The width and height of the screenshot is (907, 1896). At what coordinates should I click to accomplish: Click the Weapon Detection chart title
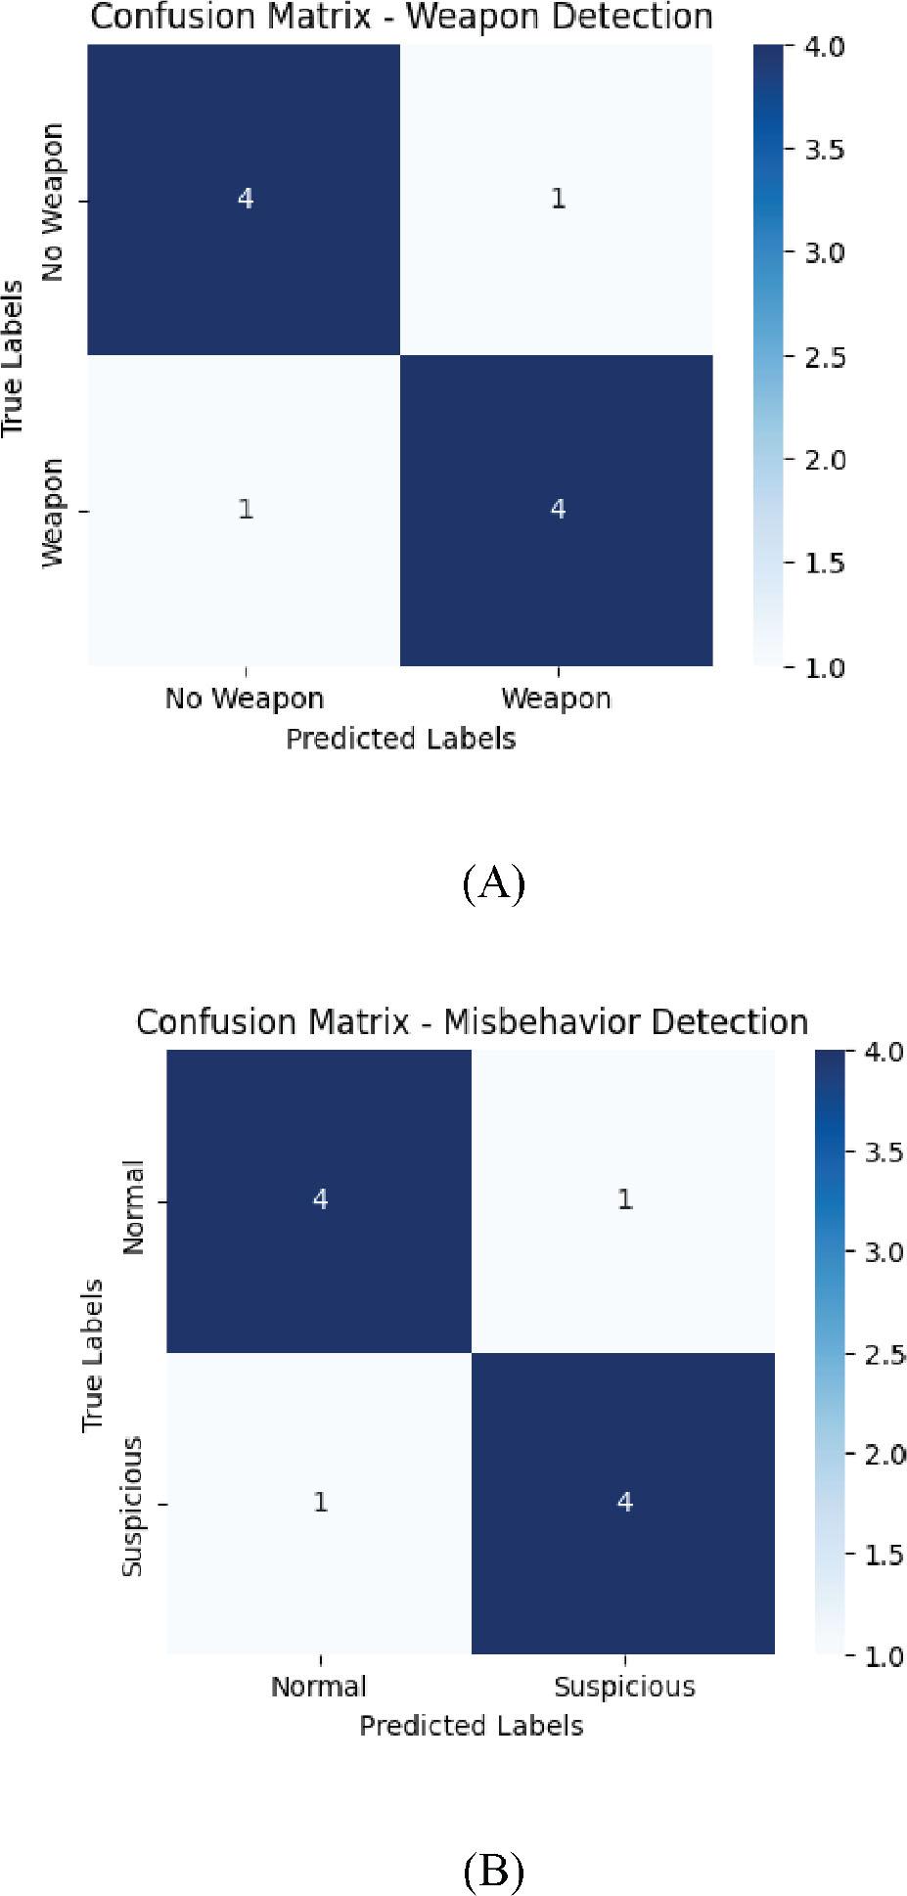(401, 17)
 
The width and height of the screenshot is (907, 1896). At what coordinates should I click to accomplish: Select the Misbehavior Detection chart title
(472, 1021)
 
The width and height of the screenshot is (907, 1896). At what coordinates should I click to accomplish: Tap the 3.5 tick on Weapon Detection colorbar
(825, 150)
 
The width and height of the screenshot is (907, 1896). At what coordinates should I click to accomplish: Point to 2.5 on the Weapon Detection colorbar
(825, 357)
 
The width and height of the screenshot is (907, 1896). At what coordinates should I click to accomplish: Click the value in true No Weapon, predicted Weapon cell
(557, 199)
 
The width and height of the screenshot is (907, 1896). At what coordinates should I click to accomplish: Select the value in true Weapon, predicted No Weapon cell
(245, 509)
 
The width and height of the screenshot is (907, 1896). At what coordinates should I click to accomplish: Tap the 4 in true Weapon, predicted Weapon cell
(557, 509)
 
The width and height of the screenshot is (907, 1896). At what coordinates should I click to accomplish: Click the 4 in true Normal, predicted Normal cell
(320, 1199)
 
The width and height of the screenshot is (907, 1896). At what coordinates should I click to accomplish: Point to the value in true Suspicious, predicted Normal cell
(320, 1502)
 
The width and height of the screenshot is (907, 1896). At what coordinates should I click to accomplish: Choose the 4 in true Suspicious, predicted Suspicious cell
(624, 1502)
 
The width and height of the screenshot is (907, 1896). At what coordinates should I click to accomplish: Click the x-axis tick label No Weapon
(245, 699)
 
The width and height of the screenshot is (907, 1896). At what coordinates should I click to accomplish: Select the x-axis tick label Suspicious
(624, 1687)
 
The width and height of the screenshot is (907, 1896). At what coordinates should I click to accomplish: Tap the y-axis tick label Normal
(133, 1206)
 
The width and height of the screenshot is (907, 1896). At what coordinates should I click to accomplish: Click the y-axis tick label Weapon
(53, 512)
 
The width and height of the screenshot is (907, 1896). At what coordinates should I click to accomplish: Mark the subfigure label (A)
(493, 884)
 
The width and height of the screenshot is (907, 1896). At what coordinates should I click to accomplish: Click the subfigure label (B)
(493, 1871)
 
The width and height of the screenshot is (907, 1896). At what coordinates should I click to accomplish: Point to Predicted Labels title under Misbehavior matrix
(472, 1725)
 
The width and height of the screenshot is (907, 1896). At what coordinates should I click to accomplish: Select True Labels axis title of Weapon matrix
(13, 358)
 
